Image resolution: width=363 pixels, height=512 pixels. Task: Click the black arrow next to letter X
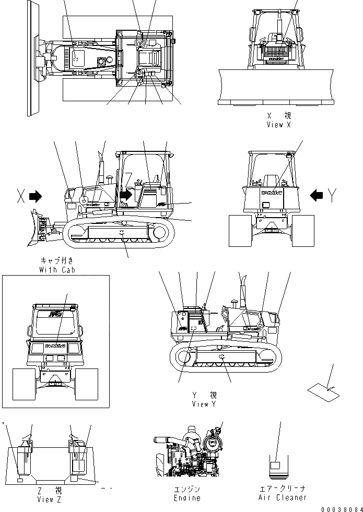tap(36, 196)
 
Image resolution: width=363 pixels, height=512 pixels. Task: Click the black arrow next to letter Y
tap(316, 195)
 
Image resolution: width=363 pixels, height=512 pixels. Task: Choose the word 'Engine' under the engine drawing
tap(187, 498)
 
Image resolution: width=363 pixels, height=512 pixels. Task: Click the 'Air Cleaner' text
tap(283, 498)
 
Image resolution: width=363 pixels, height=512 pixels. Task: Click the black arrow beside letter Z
tap(125, 195)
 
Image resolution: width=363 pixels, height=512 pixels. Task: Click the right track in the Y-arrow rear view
tap(303, 230)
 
